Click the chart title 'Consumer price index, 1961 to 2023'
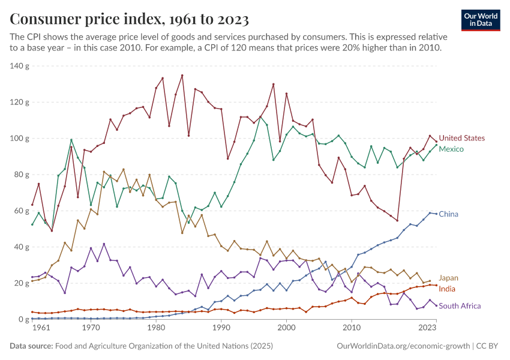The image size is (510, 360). pos(129,20)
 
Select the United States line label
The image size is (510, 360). pos(461,139)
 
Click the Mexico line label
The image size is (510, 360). pos(451,148)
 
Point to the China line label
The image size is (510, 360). pos(448,214)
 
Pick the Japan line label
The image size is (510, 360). pos(449,278)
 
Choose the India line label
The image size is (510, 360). pos(447,289)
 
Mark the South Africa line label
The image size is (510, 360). pos(460,306)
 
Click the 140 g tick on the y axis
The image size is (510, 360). pos(20,66)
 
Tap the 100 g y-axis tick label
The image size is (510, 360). pos(20,139)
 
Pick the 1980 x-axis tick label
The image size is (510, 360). pos(156,328)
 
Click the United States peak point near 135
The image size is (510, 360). pos(182,75)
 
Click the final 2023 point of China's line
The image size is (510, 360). pos(436,214)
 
